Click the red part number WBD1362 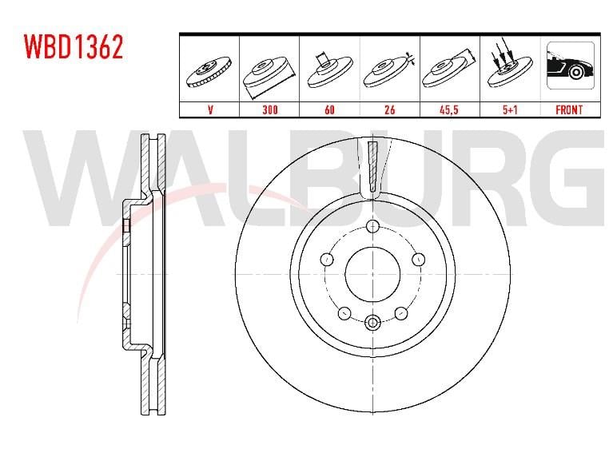[x=74, y=46]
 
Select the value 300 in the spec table [x=270, y=109]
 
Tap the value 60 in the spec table [x=329, y=109]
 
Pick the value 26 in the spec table [x=390, y=109]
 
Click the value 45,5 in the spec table [x=449, y=109]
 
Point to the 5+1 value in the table [x=510, y=109]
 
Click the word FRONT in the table [x=569, y=109]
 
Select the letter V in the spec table [x=210, y=109]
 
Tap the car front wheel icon [x=571, y=66]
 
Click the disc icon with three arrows [x=510, y=65]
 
